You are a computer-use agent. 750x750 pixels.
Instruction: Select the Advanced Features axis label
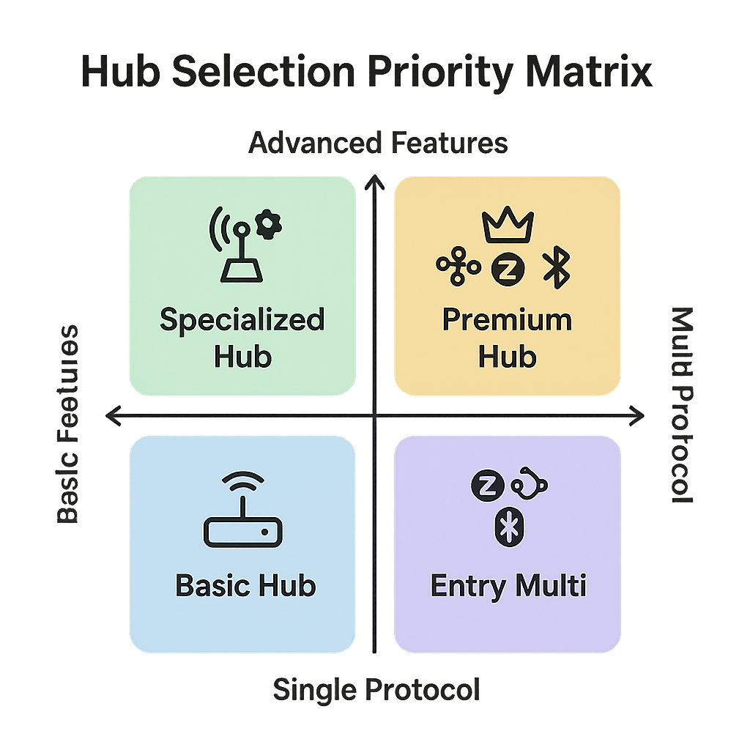coord(378,143)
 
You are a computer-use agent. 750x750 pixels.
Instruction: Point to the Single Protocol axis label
coord(376,689)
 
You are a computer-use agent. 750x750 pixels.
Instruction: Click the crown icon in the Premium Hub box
coord(507,226)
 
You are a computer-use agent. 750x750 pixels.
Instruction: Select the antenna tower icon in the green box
coord(237,251)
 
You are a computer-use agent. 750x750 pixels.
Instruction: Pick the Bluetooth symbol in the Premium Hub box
coord(556,269)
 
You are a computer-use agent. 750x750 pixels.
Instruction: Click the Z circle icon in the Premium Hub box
coord(503,269)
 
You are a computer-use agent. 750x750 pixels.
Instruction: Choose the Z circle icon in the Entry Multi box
coord(483,487)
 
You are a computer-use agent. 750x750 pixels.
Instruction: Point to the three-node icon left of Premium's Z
coord(458,268)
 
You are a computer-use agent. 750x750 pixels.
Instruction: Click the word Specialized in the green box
coord(242,320)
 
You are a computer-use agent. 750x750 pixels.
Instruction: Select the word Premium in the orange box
coord(507,320)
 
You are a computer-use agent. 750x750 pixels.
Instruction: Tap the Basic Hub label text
coord(245,585)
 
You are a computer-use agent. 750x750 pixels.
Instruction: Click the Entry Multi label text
coord(508,585)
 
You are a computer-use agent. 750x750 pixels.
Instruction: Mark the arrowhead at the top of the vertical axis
coord(375,178)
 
